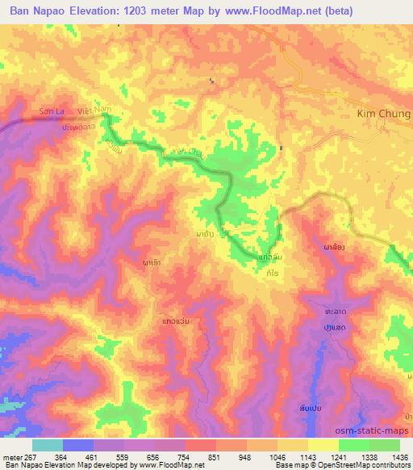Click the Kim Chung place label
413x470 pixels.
383,114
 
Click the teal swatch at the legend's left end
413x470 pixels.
48,445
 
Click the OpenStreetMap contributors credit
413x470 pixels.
362,466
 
